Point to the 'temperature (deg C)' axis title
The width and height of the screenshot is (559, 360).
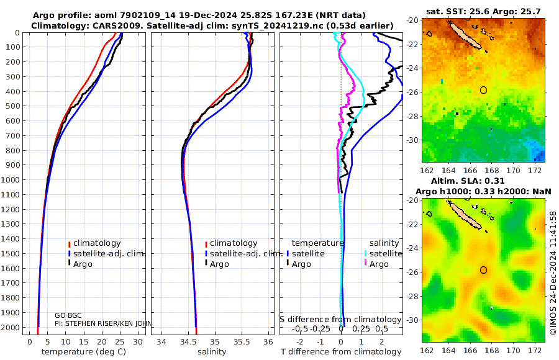click(x=83, y=352)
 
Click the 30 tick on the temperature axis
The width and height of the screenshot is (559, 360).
click(x=138, y=341)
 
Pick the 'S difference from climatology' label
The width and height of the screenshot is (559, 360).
click(x=340, y=319)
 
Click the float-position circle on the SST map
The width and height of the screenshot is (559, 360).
click(x=484, y=90)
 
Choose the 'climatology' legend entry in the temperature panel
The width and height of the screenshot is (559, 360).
click(x=94, y=243)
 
